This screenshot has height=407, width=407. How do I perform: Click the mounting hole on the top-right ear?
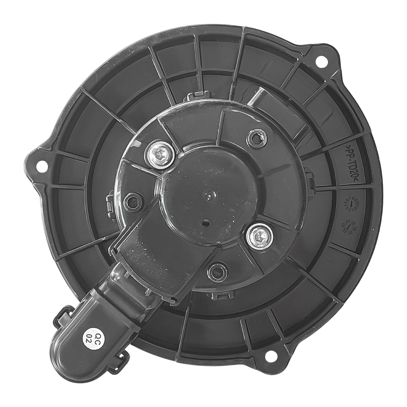click(x=321, y=61)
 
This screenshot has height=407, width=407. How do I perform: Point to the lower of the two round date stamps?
click(x=349, y=226)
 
